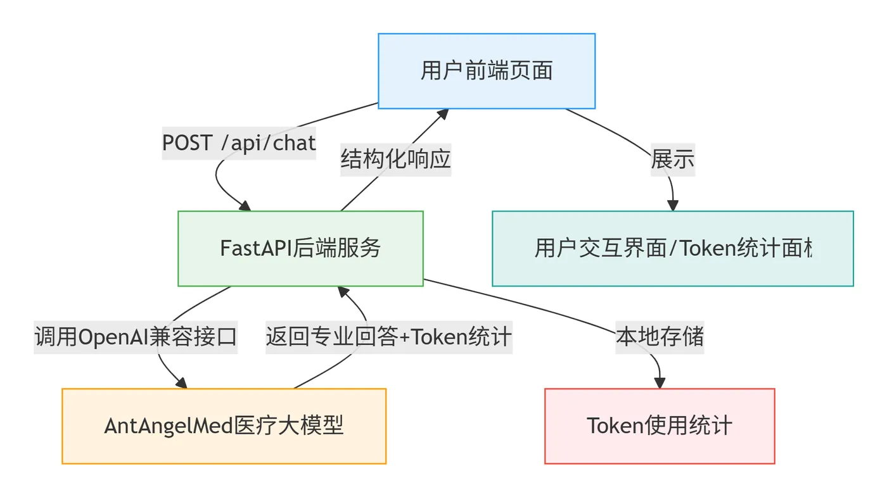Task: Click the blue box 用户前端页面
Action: (487, 71)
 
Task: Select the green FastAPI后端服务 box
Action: (300, 248)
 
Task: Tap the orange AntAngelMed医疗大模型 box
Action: (224, 426)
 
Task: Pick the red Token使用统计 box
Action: (660, 426)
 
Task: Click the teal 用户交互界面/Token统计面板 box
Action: (673, 248)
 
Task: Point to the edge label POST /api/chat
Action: (239, 143)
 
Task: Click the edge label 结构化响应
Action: (396, 158)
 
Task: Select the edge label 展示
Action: (672, 160)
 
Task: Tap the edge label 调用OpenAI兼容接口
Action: (136, 337)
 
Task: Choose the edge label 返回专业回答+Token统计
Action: (388, 337)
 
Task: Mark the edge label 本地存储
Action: (660, 336)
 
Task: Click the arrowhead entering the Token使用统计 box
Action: (660, 383)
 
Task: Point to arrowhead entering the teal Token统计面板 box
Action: (673, 205)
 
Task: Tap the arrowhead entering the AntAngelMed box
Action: (181, 383)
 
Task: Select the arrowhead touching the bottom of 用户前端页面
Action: (442, 114)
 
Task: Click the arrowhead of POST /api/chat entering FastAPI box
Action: (244, 206)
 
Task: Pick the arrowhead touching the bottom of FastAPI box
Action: (343, 292)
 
